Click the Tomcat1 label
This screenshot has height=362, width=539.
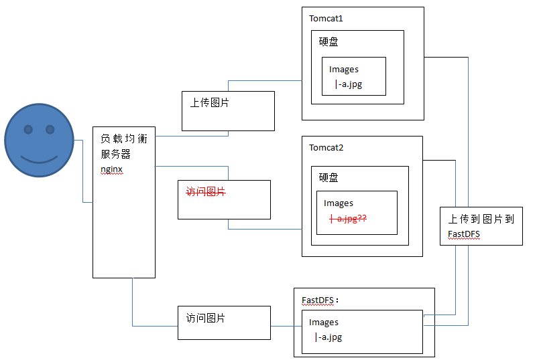click(326, 18)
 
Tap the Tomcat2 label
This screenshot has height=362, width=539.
click(326, 147)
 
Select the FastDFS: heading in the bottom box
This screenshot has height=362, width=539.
click(320, 300)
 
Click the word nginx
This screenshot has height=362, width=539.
click(111, 169)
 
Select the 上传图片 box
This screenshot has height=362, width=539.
click(228, 110)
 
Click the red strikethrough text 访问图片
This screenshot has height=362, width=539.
click(205, 192)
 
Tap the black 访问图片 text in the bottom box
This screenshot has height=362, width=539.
click(205, 318)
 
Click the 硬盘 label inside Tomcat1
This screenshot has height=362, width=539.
click(328, 41)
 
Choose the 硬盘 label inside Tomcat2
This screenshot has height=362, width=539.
click(328, 177)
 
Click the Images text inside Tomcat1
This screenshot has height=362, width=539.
click(343, 70)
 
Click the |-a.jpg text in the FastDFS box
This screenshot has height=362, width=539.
click(328, 337)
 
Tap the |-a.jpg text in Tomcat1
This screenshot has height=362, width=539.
click(349, 84)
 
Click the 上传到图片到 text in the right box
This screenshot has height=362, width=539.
click(481, 219)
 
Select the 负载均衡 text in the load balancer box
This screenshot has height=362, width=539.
click(123, 139)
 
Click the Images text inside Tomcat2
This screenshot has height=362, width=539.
click(338, 203)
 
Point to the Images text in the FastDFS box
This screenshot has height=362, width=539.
click(323, 323)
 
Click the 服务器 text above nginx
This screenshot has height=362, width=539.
click(115, 155)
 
